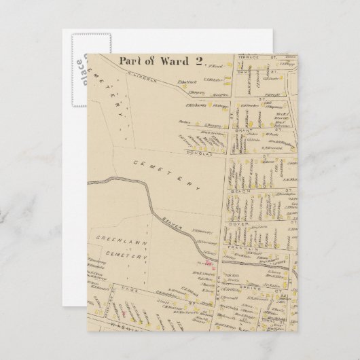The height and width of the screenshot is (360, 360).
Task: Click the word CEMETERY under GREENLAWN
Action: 130,257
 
